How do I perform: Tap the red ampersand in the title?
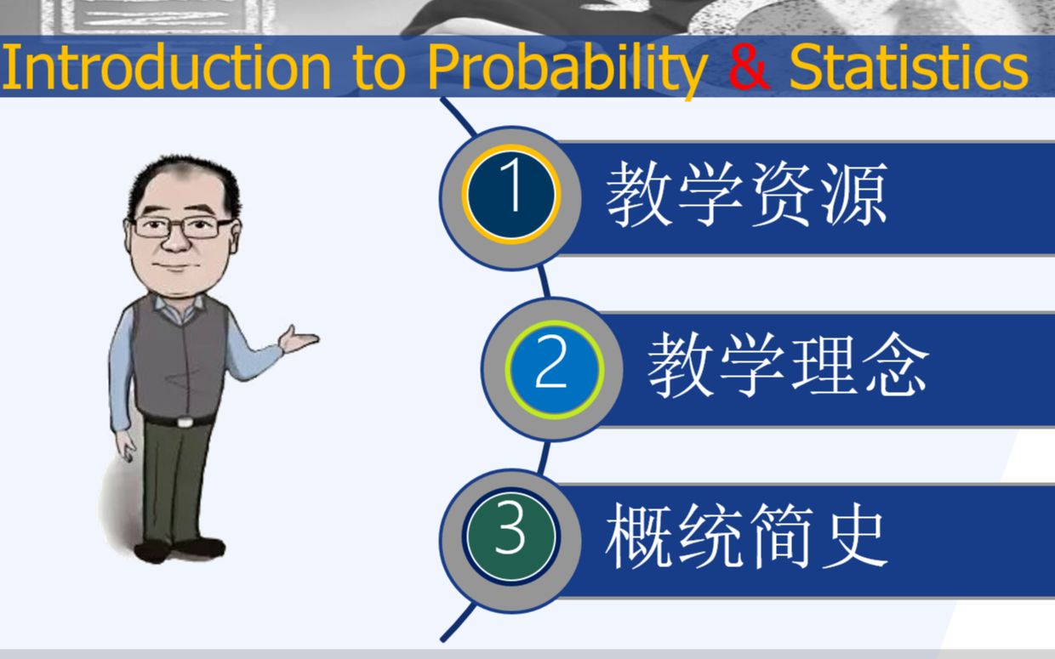pyautogui.click(x=749, y=66)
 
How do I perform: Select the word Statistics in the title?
pyautogui.click(x=909, y=66)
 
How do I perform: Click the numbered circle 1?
pyautogui.click(x=511, y=195)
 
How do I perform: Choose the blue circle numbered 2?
pyautogui.click(x=555, y=370)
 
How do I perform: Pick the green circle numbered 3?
pyautogui.click(x=511, y=537)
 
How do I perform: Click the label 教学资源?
pyautogui.click(x=746, y=194)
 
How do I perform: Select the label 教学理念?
pyautogui.click(x=788, y=366)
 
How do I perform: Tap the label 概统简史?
pyautogui.click(x=746, y=536)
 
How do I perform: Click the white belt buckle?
pyautogui.click(x=185, y=422)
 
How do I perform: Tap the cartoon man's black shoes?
pyautogui.click(x=180, y=550)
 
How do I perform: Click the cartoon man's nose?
pyautogui.click(x=175, y=241)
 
